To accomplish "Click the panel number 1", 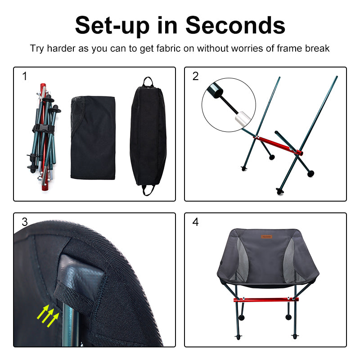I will tap(25, 76).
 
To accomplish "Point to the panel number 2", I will tap(195, 76).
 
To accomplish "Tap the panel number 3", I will tap(25, 222).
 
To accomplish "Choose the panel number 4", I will tap(195, 222).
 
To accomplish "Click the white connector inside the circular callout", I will tap(241, 119).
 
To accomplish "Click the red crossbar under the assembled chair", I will tap(265, 299).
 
